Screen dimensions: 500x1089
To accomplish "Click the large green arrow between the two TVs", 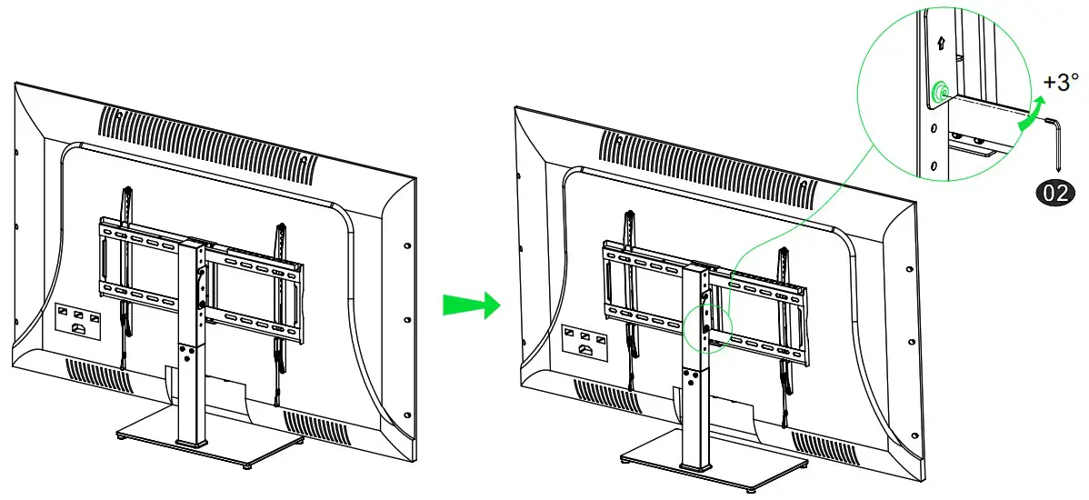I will point(471,305).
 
